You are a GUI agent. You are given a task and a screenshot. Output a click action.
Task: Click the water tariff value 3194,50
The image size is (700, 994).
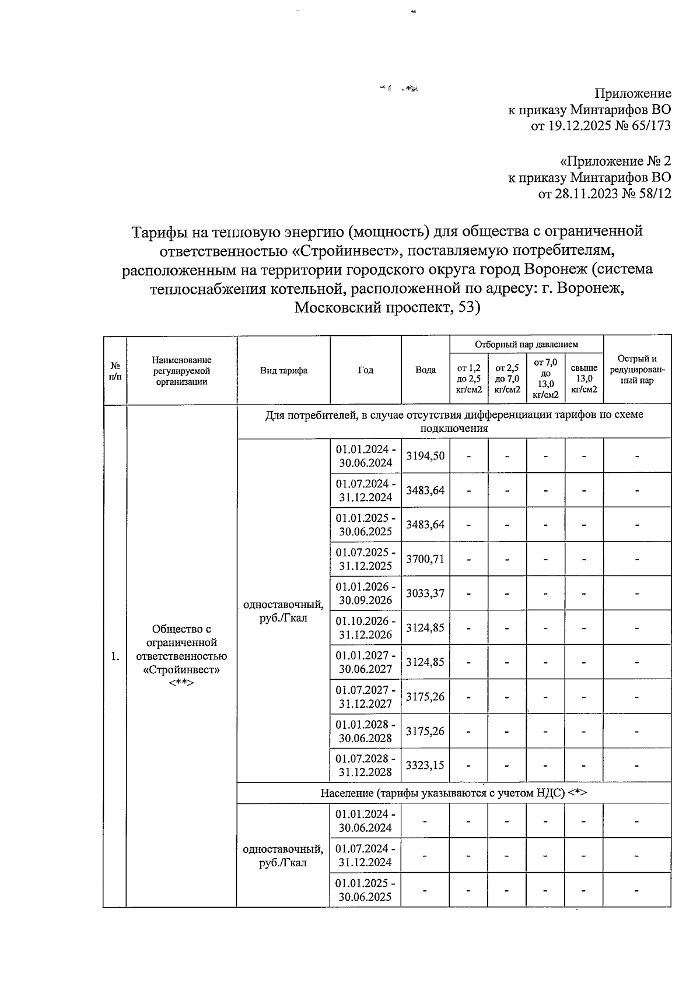[x=425, y=456]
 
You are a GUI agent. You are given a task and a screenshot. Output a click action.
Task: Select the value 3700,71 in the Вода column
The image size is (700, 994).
[x=425, y=559]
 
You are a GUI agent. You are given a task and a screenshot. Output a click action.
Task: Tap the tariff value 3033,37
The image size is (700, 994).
[x=425, y=593]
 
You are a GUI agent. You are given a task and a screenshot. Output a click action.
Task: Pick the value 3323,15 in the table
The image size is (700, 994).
[x=425, y=765]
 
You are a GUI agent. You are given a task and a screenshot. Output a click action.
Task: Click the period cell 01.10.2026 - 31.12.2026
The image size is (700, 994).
[x=366, y=628]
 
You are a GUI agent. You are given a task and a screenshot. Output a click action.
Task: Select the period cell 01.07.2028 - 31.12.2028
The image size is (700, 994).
[x=366, y=765]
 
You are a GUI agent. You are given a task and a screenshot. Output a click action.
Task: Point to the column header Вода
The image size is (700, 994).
[x=425, y=370]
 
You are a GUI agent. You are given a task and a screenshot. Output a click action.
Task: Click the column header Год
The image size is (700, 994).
[x=366, y=370]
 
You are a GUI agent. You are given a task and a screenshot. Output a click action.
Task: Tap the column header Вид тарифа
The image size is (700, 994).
[x=283, y=370]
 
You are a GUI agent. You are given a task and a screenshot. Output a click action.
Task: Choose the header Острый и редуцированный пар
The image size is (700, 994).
[x=637, y=370]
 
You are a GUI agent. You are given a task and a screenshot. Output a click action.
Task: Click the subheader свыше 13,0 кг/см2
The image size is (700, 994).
[x=584, y=379]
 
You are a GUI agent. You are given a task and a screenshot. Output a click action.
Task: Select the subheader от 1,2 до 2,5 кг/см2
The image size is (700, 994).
[x=469, y=379]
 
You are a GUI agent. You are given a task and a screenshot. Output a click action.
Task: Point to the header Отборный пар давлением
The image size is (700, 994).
[x=526, y=345]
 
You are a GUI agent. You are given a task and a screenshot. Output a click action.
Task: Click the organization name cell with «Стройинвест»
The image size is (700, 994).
[x=181, y=656]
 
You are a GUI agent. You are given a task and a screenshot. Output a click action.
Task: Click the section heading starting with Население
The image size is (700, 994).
[x=453, y=793]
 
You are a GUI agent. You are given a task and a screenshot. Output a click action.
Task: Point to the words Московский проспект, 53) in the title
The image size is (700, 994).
[x=387, y=308]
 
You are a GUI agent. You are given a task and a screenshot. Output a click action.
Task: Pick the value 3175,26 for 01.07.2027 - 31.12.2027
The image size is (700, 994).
[x=425, y=697]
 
